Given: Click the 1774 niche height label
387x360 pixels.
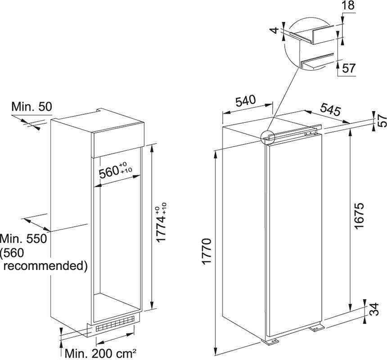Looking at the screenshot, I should pyautogui.click(x=162, y=223).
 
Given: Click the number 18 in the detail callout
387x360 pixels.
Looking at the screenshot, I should pyautogui.click(x=348, y=6).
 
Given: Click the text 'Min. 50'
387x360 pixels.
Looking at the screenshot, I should pyautogui.click(x=32, y=107).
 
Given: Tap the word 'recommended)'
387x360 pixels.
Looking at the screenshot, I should pyautogui.click(x=45, y=265).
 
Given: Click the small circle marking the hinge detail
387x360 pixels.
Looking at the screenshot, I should pyautogui.click(x=267, y=136).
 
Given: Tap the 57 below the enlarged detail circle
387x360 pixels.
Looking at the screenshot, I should pyautogui.click(x=349, y=68).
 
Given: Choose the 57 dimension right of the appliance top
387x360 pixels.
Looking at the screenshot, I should pyautogui.click(x=382, y=120).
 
